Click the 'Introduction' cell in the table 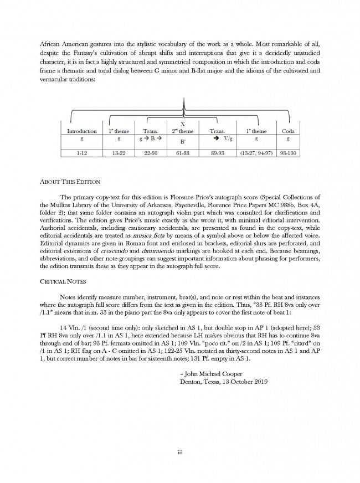click(81, 131)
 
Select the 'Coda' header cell click(289, 131)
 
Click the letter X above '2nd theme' click(183, 124)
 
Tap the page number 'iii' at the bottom click(179, 451)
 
